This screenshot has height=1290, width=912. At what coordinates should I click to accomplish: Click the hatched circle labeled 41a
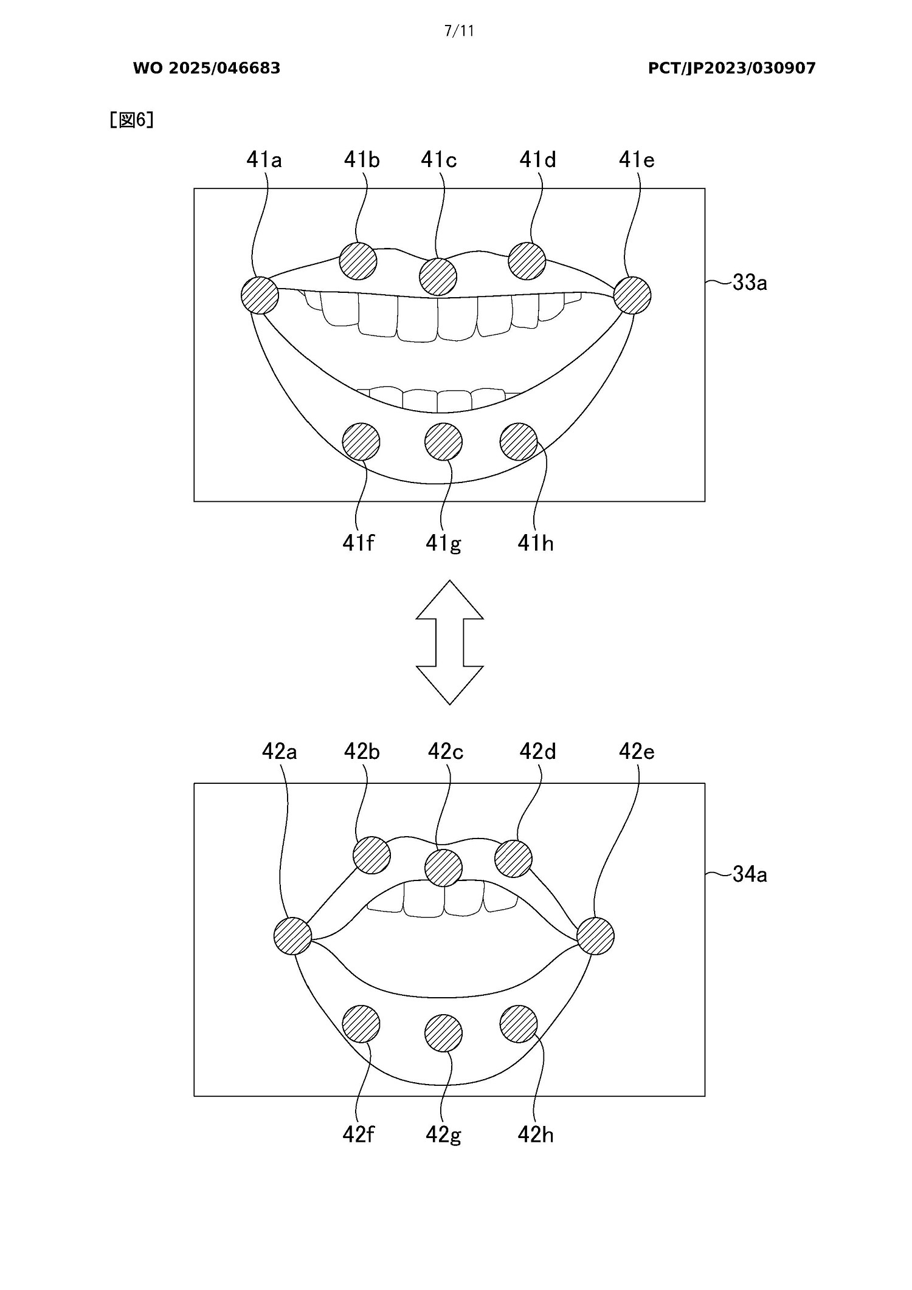260,296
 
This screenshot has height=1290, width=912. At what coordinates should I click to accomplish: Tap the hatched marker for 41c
438,276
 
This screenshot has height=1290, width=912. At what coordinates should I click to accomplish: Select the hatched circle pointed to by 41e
632,296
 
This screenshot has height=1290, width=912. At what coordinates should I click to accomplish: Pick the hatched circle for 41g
443,442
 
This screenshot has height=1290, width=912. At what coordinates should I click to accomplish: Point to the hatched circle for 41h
519,442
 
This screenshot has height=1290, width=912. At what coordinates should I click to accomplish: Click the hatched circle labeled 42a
292,936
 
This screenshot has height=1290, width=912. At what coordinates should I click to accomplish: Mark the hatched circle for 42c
443,868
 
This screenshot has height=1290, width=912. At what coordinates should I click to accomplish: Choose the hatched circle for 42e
595,936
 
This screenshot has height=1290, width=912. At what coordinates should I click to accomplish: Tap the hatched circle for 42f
361,1024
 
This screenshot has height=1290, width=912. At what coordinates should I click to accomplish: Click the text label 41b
362,160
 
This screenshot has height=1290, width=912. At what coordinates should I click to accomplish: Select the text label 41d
537,160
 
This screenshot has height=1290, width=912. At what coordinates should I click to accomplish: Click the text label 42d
537,752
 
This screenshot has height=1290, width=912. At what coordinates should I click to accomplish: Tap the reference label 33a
750,283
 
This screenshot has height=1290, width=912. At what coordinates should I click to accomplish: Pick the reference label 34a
750,874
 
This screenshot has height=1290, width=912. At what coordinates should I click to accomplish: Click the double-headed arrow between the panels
449,642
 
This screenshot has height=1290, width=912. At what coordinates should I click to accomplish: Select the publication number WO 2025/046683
207,68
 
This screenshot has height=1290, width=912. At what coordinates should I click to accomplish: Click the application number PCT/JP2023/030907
731,68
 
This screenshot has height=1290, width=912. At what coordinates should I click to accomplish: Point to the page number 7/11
459,31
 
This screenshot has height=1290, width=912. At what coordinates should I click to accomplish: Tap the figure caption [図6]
131,120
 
